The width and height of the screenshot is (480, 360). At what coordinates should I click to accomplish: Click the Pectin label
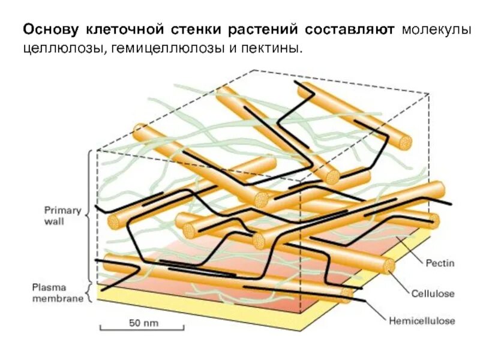[x=440, y=263]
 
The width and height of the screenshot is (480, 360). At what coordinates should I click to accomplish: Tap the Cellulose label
[x=433, y=293]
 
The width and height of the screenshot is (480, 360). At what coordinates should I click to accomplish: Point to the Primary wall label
[x=62, y=215]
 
